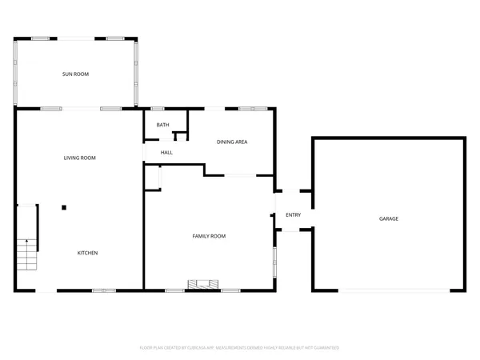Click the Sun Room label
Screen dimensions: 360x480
pos(76,74)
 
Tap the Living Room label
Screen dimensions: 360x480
pos(80,158)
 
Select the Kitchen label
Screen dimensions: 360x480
pos(87,253)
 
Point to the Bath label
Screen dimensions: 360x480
pos(162,125)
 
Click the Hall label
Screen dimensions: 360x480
pos(166,152)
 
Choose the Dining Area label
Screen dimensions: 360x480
pos(232,142)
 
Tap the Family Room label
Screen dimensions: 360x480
pos(209,236)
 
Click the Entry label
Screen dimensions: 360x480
pos(294,214)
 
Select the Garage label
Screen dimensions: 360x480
pos(389,218)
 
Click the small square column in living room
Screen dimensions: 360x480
pos(65,206)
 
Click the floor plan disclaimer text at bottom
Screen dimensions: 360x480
pos(240,348)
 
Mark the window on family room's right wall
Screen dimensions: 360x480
pos(274,262)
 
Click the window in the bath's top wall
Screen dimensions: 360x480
pos(158,108)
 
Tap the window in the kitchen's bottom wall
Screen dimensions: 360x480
pos(104,290)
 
